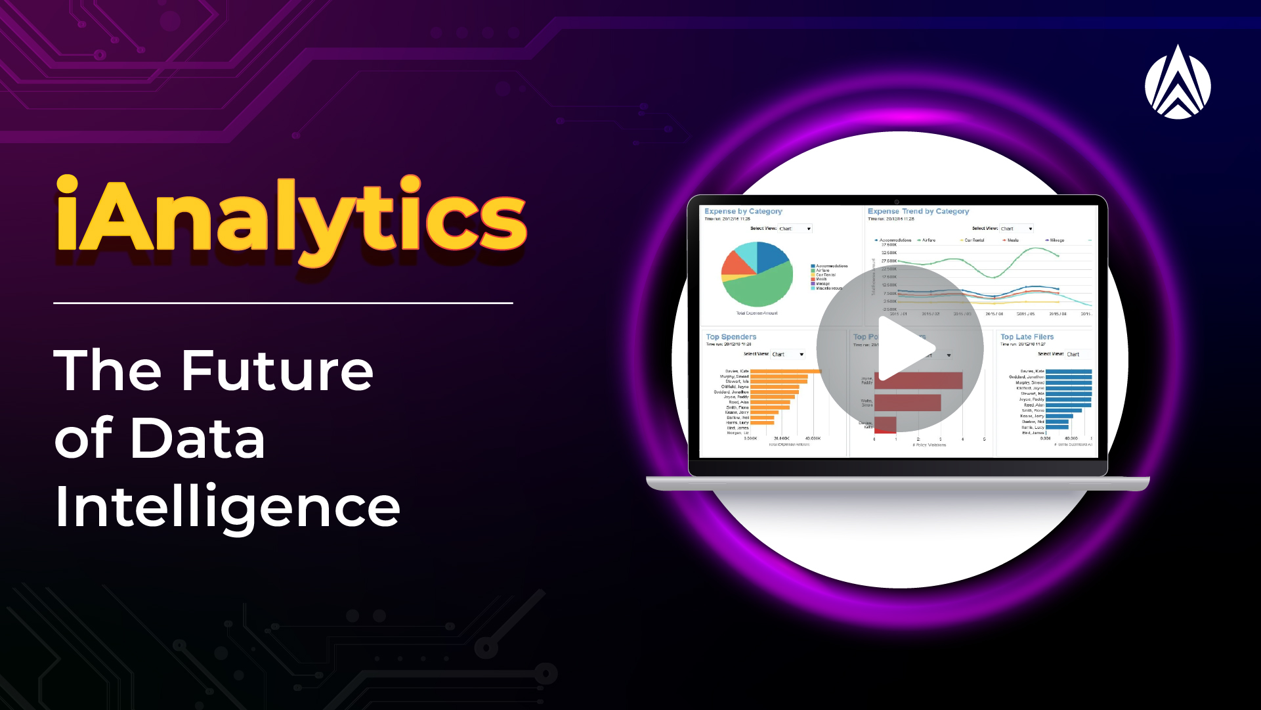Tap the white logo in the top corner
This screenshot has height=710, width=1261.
pos(1178,83)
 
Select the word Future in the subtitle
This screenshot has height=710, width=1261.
pos(276,370)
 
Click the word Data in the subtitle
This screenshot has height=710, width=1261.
pos(198,439)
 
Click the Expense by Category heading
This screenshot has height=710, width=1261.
pos(743,211)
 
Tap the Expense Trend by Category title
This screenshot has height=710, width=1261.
pos(918,211)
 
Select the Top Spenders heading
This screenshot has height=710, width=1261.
pos(731,337)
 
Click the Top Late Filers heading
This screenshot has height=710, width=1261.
pos(1027,337)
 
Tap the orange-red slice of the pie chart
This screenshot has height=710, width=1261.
pos(735,264)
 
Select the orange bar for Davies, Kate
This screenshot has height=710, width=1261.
pos(785,371)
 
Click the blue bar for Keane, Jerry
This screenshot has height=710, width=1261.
pos(1059,416)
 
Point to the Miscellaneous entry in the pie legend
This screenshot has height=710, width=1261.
pos(828,288)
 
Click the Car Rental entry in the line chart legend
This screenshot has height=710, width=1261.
pos(974,240)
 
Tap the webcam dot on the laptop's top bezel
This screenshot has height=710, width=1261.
pos(897,202)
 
